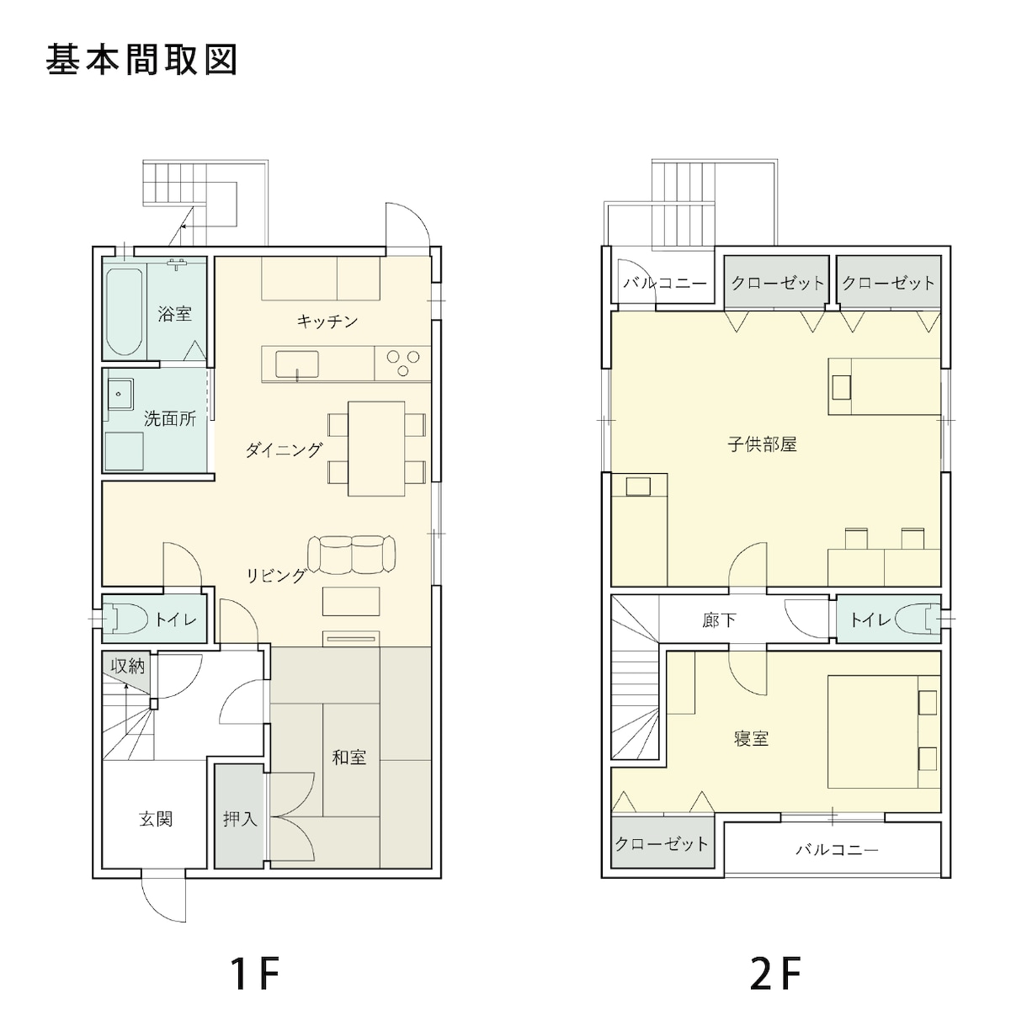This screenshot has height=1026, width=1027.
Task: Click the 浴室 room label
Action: (x=174, y=314)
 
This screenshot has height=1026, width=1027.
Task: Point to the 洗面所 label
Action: (x=169, y=418)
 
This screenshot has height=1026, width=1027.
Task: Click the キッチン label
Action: (x=327, y=321)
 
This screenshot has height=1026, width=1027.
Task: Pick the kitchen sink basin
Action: (x=297, y=364)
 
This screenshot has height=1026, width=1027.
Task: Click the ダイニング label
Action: (x=284, y=450)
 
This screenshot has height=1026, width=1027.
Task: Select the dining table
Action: (x=376, y=449)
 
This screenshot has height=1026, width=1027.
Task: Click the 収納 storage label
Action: (x=128, y=667)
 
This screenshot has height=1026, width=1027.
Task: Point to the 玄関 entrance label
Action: (x=156, y=818)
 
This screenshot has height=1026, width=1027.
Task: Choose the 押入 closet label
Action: (x=240, y=818)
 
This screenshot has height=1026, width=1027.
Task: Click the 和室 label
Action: (x=349, y=758)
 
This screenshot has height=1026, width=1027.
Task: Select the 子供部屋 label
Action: (x=762, y=444)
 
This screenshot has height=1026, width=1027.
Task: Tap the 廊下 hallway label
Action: (x=719, y=620)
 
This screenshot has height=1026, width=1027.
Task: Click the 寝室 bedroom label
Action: (x=751, y=739)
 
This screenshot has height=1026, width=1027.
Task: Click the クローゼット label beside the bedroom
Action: (x=662, y=843)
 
